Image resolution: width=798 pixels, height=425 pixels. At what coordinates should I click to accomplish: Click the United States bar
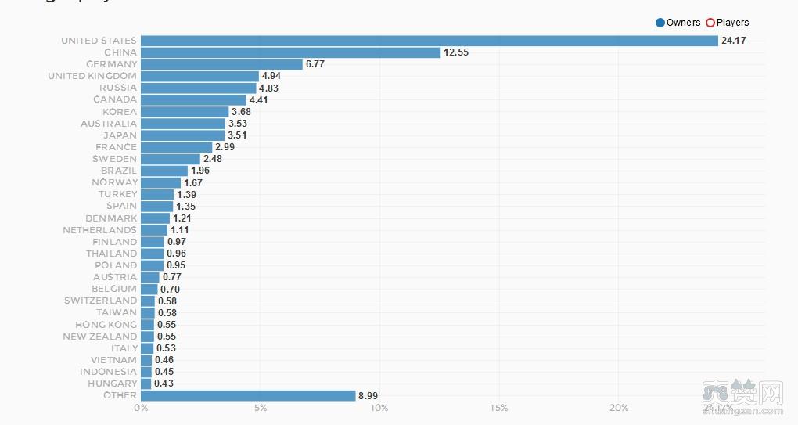pyautogui.click(x=429, y=41)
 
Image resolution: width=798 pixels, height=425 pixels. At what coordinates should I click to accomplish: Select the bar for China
pyautogui.click(x=290, y=52)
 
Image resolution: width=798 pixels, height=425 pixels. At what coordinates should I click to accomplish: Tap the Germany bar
pyautogui.click(x=221, y=64)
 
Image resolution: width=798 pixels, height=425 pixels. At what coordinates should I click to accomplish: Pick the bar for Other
pyautogui.click(x=248, y=395)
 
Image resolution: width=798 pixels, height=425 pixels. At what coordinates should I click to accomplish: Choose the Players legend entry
pyautogui.click(x=728, y=23)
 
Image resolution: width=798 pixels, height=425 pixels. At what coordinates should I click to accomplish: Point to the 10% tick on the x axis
pyautogui.click(x=379, y=408)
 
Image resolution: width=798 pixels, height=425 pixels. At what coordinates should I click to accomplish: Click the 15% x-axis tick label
pyautogui.click(x=499, y=408)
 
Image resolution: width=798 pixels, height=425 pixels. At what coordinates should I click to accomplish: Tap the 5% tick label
pyautogui.click(x=261, y=408)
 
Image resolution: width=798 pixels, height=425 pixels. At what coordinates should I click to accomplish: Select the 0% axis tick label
pyautogui.click(x=141, y=408)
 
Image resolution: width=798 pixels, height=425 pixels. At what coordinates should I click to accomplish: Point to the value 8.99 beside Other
pyautogui.click(x=368, y=396)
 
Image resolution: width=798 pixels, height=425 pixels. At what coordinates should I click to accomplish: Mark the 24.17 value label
pyautogui.click(x=733, y=41)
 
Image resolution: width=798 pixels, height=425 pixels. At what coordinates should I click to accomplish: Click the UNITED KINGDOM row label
pyautogui.click(x=92, y=76)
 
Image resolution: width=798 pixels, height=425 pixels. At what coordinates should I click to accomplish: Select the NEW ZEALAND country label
pyautogui.click(x=99, y=337)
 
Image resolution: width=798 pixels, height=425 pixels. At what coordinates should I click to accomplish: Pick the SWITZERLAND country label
pyautogui.click(x=100, y=301)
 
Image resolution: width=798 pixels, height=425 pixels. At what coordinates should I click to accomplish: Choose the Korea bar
pyautogui.click(x=185, y=112)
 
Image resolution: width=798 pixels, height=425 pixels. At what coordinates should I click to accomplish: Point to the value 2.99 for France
pyautogui.click(x=225, y=147)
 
